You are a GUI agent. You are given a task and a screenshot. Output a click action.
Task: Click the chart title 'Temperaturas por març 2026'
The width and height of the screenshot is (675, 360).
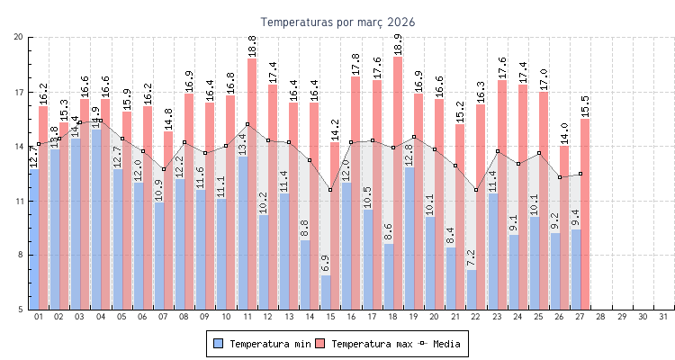coord(337,22)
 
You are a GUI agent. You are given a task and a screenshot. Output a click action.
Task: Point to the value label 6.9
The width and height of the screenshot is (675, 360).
coord(325,264)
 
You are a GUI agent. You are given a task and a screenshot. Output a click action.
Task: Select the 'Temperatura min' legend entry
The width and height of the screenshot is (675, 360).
coord(262,344)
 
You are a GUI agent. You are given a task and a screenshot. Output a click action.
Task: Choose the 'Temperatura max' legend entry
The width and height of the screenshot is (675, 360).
coord(366,344)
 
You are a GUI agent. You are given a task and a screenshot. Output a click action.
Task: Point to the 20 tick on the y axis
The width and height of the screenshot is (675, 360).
coord(19,37)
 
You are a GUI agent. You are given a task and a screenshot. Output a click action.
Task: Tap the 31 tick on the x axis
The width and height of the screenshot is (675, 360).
coord(663,317)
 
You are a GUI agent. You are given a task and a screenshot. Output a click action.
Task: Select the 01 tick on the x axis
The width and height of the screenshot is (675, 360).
coord(39,317)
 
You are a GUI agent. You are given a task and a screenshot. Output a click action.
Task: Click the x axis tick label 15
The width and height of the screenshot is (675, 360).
coord(330,317)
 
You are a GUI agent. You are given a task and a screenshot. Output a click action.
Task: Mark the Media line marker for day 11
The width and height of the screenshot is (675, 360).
coord(247,124)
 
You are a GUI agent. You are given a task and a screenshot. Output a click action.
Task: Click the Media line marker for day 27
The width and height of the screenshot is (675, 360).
coord(580,174)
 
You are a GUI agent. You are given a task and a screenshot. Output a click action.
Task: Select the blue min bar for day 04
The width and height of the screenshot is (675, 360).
coord(96,220)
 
